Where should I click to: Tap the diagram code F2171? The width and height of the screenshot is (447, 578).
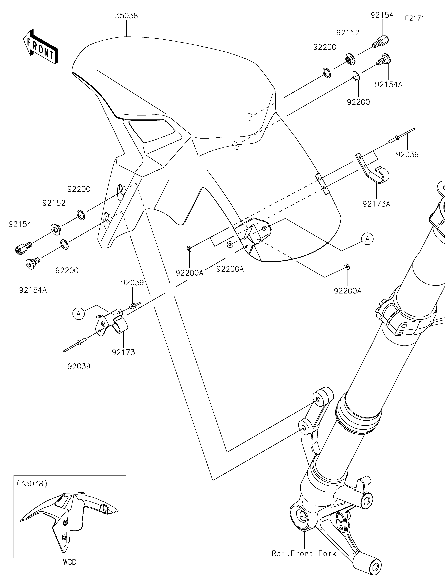click(x=414, y=18)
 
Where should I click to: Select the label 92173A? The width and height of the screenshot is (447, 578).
click(x=376, y=204)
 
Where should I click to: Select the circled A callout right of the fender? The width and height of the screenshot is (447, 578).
click(x=367, y=239)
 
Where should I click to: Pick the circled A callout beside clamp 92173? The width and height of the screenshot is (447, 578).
click(x=79, y=314)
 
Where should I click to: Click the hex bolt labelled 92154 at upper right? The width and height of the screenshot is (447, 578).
click(x=382, y=42)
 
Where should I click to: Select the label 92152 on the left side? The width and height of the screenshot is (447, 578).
click(x=54, y=203)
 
